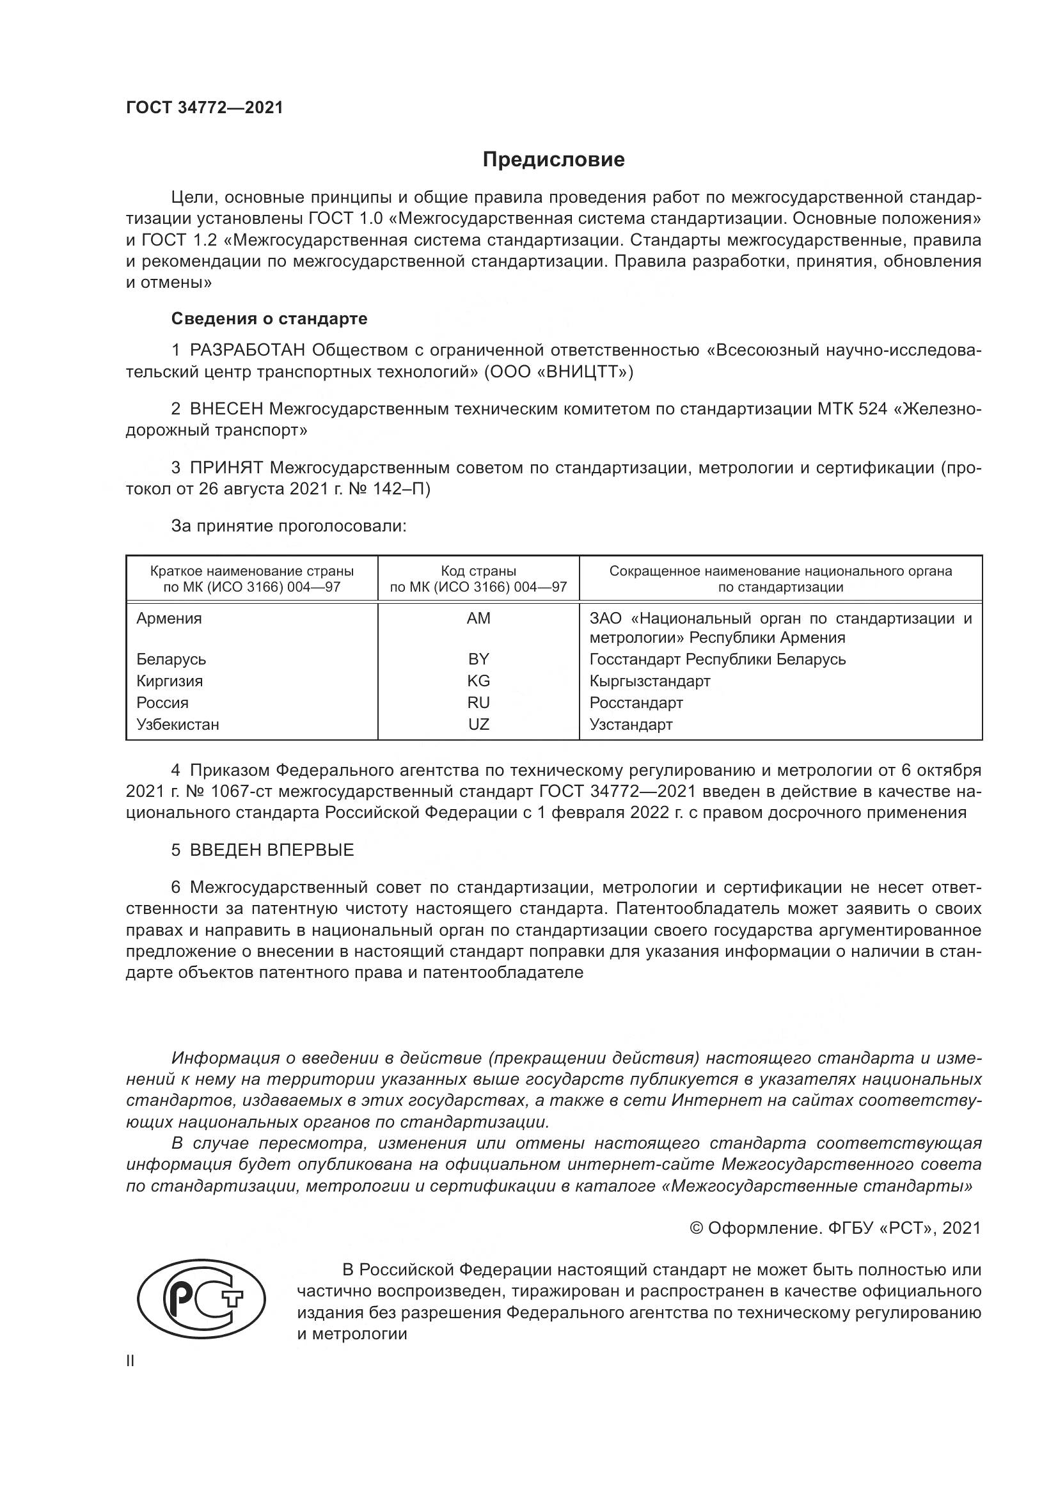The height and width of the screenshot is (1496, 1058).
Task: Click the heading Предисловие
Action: [x=553, y=160]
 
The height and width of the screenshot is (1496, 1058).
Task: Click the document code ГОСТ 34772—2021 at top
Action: [x=205, y=108]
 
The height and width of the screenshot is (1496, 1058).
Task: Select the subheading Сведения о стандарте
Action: [x=269, y=319]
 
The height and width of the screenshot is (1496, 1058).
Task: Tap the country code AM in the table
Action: [x=478, y=618]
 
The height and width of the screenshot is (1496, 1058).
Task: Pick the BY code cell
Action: [x=478, y=659]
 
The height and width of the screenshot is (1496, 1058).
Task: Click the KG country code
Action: [x=478, y=681]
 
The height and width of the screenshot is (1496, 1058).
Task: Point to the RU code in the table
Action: [x=478, y=702]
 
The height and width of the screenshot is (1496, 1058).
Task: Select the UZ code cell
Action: [x=478, y=724]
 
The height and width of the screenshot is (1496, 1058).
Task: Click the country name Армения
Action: [x=169, y=618]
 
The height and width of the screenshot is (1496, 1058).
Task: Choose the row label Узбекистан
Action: [x=177, y=724]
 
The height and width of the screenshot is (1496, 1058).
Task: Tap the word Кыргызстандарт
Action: [x=649, y=681]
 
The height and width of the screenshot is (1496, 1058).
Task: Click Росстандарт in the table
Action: [x=636, y=702]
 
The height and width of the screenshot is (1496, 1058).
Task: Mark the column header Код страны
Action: [x=478, y=571]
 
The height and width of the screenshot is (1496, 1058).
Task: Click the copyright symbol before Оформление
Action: [x=696, y=1228]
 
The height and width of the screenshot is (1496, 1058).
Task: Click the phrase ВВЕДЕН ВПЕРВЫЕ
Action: [x=272, y=849]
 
